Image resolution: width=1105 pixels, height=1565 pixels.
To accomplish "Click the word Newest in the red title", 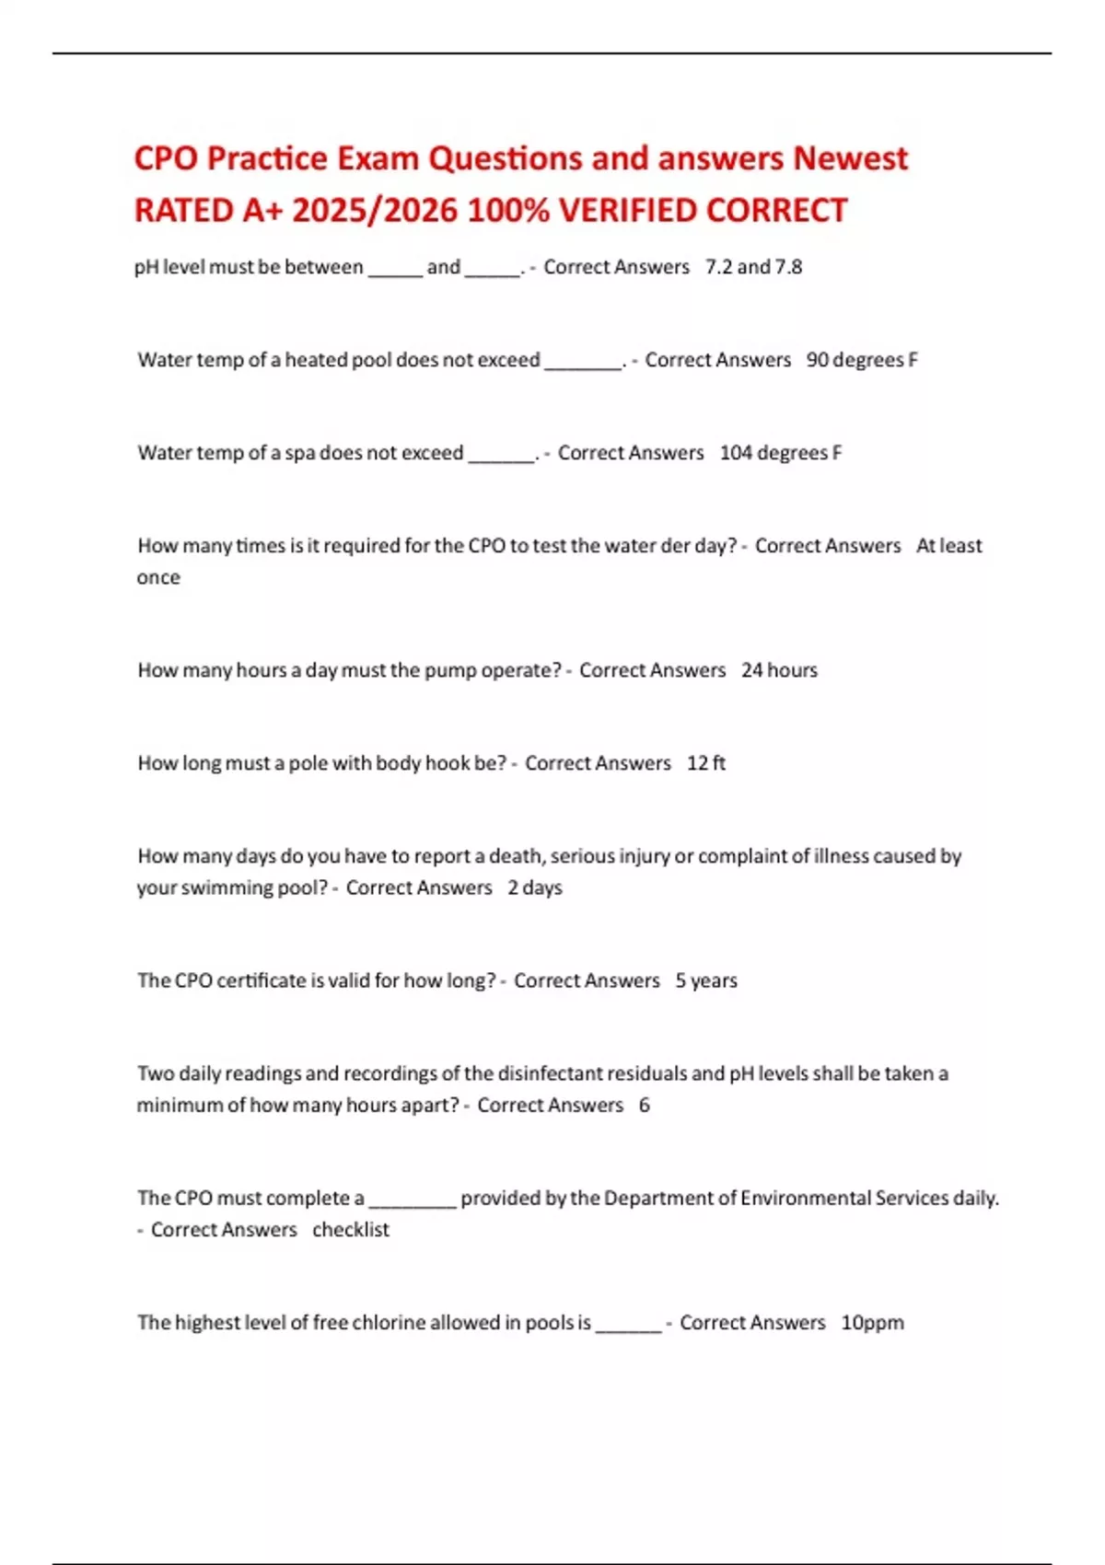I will click(x=850, y=158).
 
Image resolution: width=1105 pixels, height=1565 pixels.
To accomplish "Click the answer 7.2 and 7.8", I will click(x=753, y=267).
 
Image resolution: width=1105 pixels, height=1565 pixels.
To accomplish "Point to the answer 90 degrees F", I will click(x=862, y=360).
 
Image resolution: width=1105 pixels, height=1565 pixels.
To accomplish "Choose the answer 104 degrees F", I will click(x=781, y=453).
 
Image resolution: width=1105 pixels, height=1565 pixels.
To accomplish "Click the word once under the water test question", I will click(x=158, y=577).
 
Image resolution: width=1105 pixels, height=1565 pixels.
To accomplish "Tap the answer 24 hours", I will click(x=779, y=670).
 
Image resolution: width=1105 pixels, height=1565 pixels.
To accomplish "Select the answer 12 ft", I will click(x=706, y=763).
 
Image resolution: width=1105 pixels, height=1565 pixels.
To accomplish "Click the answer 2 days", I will click(x=534, y=887).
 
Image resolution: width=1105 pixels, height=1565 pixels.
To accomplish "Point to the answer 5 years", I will click(x=706, y=980).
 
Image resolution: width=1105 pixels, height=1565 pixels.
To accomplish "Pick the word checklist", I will click(x=351, y=1230).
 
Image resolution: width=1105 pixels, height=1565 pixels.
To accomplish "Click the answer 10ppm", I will click(x=872, y=1323).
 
